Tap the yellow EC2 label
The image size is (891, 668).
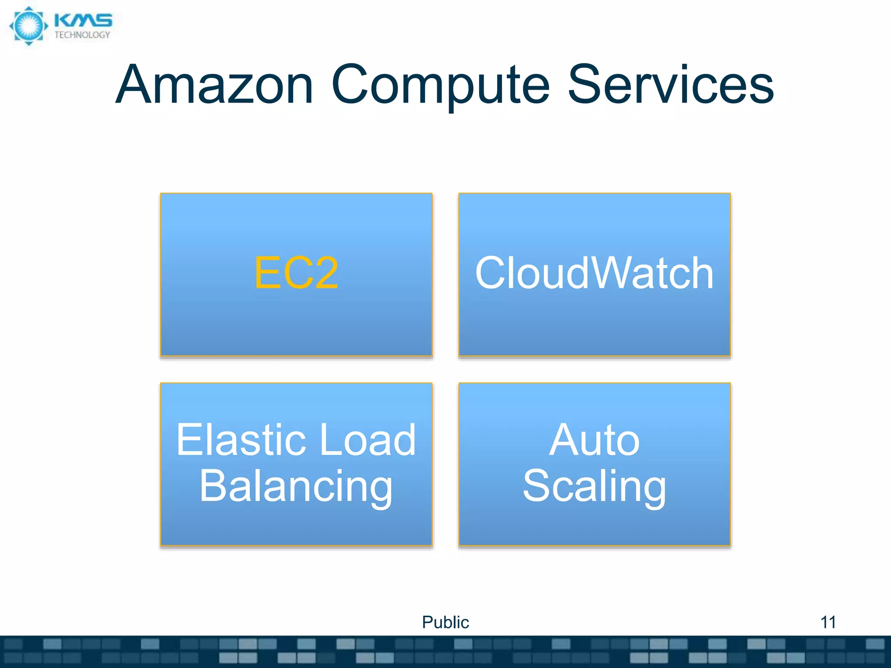296,273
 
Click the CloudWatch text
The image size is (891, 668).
594,273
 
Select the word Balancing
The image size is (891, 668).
296,486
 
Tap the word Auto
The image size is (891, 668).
594,440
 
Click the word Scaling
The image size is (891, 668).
594,486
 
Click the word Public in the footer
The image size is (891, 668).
445,622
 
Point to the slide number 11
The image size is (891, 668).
828,622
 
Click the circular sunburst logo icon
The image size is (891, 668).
29,26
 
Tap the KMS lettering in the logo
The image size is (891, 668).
83,20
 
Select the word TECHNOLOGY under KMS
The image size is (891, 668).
82,35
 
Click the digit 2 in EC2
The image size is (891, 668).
322,273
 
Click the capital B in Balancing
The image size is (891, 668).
213,486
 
